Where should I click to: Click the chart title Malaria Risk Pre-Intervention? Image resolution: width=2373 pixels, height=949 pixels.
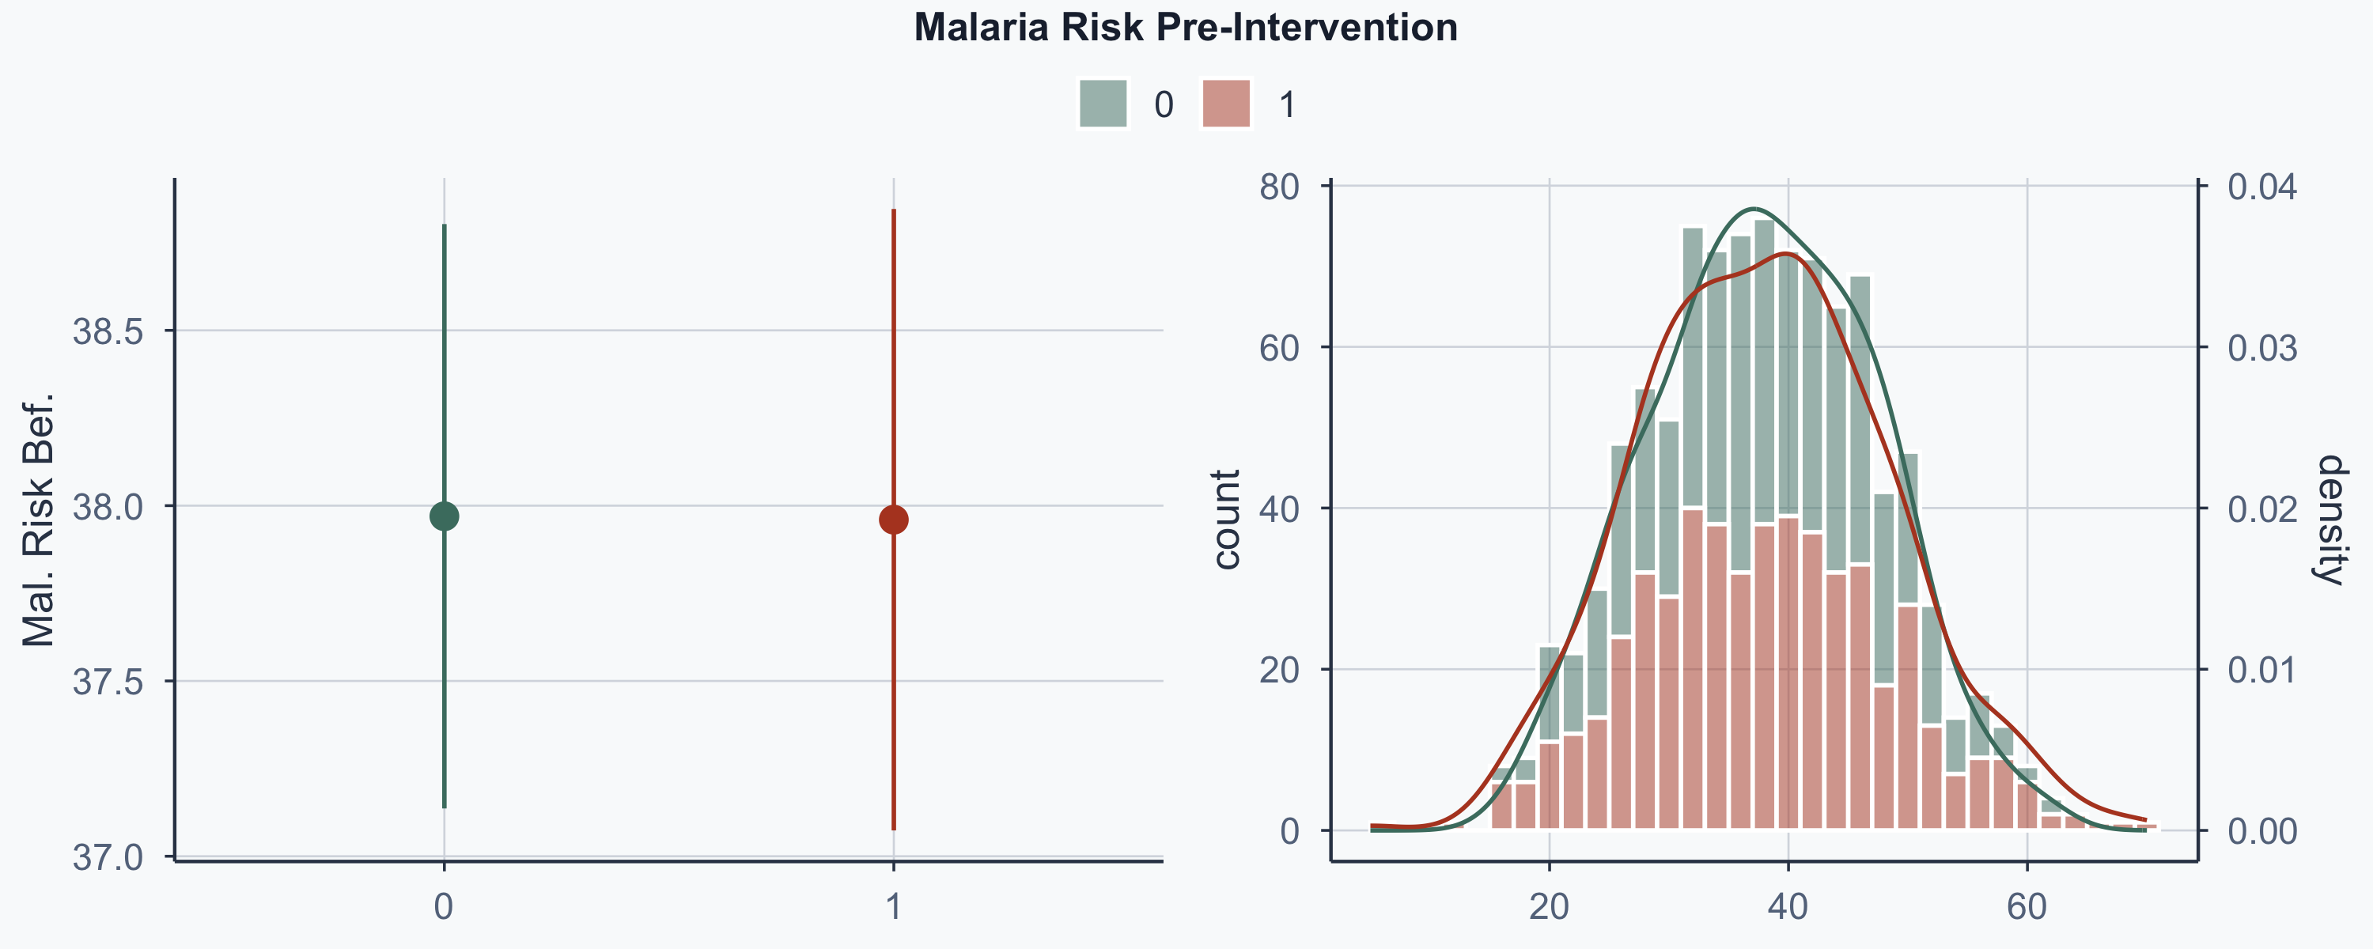pyautogui.click(x=1186, y=28)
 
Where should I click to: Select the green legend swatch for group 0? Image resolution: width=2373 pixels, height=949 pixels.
pyautogui.click(x=1103, y=103)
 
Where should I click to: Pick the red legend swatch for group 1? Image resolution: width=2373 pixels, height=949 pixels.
pyautogui.click(x=1226, y=103)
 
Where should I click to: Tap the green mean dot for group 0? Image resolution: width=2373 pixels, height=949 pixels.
pyautogui.click(x=444, y=516)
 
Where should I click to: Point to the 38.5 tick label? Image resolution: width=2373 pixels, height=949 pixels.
pyautogui.click(x=108, y=331)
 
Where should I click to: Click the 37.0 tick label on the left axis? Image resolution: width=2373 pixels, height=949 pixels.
pyautogui.click(x=108, y=858)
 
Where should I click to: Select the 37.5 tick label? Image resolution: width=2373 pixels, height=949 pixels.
pyautogui.click(x=108, y=682)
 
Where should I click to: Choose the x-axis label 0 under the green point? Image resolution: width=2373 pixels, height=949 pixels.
pyautogui.click(x=444, y=908)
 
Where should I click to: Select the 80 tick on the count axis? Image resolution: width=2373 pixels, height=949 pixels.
pyautogui.click(x=1280, y=187)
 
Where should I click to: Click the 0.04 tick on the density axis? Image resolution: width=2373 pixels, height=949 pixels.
pyautogui.click(x=2262, y=187)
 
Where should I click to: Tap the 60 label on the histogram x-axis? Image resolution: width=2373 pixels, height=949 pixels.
pyautogui.click(x=2027, y=908)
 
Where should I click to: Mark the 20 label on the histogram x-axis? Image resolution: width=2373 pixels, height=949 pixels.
pyautogui.click(x=1550, y=908)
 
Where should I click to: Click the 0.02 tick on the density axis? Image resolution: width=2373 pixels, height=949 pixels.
pyautogui.click(x=2262, y=509)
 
